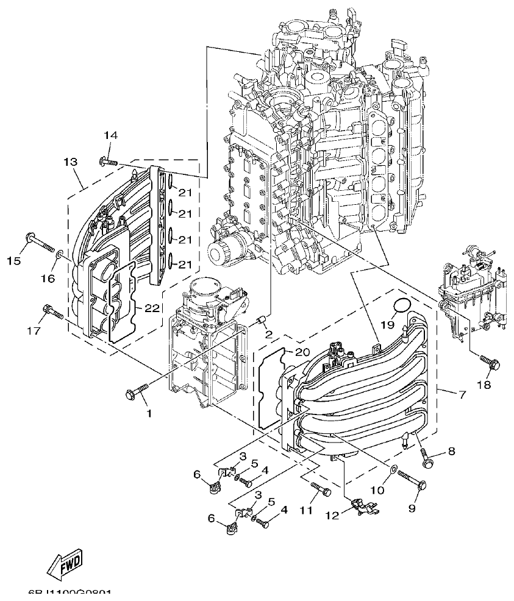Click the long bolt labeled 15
coord(39,243)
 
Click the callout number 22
coord(152,308)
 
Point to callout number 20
coord(302,352)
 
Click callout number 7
coord(462,395)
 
